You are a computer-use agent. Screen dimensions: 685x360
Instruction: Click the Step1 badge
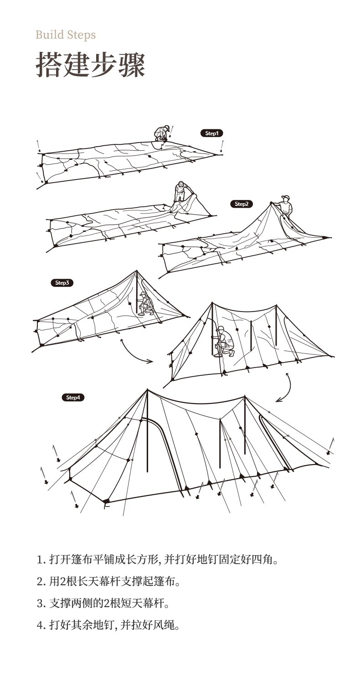coord(211,133)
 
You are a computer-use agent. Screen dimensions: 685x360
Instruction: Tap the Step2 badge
coord(241,204)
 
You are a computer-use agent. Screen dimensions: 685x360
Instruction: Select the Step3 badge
coord(62,283)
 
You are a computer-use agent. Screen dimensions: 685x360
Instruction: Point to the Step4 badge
coord(73,398)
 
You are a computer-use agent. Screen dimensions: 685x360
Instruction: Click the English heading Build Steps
coord(66,35)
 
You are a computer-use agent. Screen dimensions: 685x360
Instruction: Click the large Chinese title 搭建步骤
coord(90,65)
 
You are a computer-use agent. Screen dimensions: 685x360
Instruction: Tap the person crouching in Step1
coord(162,133)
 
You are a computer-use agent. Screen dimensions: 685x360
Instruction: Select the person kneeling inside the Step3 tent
coord(146,304)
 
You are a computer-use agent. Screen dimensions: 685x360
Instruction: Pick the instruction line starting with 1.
coord(157,559)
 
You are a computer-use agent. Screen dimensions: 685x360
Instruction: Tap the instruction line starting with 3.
coord(103,604)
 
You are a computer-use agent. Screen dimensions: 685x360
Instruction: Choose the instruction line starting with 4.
coord(108,626)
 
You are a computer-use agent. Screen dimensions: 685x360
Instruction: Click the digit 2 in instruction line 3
coord(107,604)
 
